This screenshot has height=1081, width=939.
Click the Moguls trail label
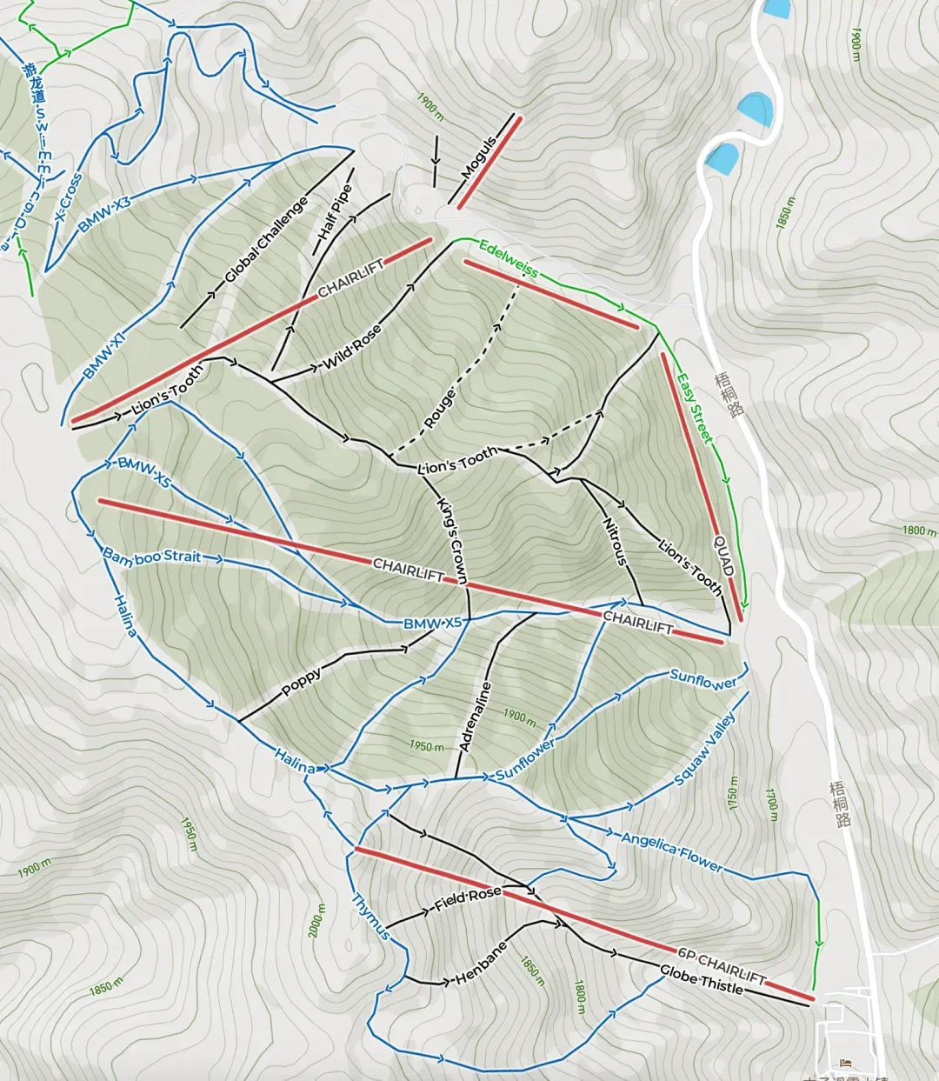click(x=479, y=157)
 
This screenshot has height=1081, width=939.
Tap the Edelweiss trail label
click(x=508, y=258)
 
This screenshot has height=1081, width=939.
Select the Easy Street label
click(x=695, y=408)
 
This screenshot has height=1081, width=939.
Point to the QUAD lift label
click(x=724, y=556)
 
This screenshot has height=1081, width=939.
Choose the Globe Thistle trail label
click(x=701, y=981)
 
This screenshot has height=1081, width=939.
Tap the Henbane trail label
click(x=481, y=964)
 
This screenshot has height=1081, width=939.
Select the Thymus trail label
click(x=370, y=916)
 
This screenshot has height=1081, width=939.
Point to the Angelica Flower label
click(x=670, y=852)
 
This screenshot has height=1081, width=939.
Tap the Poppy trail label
click(x=302, y=684)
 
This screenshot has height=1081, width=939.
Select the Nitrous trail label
click(x=615, y=542)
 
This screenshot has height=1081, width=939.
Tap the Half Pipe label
click(x=335, y=213)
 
